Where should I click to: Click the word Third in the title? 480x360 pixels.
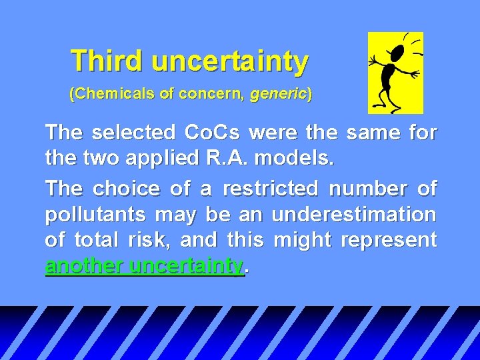point(107,61)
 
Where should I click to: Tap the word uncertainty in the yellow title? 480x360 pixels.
point(229,62)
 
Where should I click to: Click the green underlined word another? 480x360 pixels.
point(85,266)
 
